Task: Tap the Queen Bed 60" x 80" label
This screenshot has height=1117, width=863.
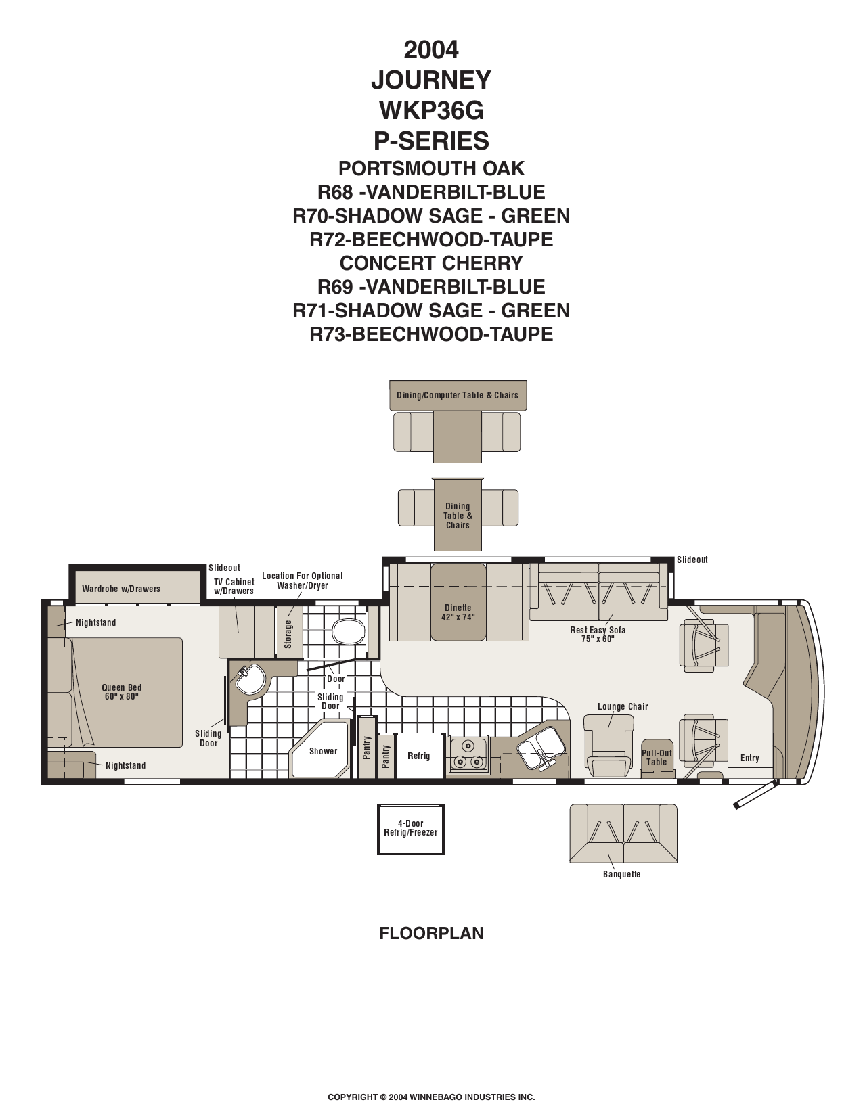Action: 121,692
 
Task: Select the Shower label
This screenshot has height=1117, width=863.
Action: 323,751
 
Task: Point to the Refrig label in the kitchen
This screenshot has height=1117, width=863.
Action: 418,756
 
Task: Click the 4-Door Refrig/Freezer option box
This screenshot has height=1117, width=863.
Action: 410,829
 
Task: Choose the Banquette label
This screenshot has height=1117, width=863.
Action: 622,874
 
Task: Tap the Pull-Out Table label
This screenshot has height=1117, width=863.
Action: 657,758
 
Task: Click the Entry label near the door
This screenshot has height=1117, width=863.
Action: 749,758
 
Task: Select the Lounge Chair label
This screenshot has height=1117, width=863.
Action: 623,706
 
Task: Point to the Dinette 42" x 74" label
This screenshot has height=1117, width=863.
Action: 458,612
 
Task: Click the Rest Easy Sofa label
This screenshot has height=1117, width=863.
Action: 598,630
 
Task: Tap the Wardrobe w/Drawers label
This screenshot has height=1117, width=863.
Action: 121,589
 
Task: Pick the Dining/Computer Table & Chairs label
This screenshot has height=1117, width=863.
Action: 457,395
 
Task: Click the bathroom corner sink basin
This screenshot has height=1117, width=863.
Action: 250,679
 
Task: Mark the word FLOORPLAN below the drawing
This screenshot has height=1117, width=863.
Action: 432,932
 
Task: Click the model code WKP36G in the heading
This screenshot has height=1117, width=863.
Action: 432,110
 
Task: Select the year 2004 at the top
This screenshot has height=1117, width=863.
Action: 431,50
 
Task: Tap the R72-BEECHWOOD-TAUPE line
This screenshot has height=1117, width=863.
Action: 431,240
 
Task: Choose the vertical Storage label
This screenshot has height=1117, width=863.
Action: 288,634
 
